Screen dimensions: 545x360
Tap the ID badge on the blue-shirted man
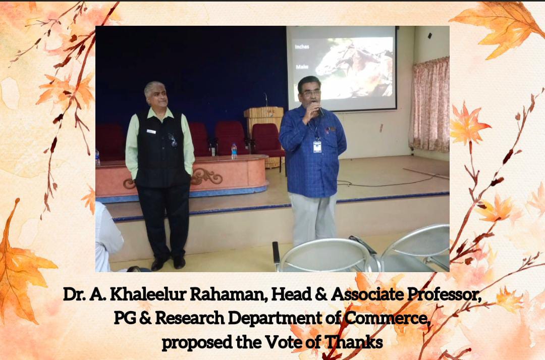[317, 146]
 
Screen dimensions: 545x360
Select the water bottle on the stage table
[234, 151]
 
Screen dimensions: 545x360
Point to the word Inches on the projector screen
[302, 46]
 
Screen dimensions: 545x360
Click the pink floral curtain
[430, 105]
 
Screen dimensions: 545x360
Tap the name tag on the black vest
[151, 131]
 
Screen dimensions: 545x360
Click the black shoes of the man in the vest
[168, 263]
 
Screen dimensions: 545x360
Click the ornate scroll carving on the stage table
[206, 176]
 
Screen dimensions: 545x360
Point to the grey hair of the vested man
[154, 88]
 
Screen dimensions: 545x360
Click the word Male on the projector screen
[302, 67]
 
